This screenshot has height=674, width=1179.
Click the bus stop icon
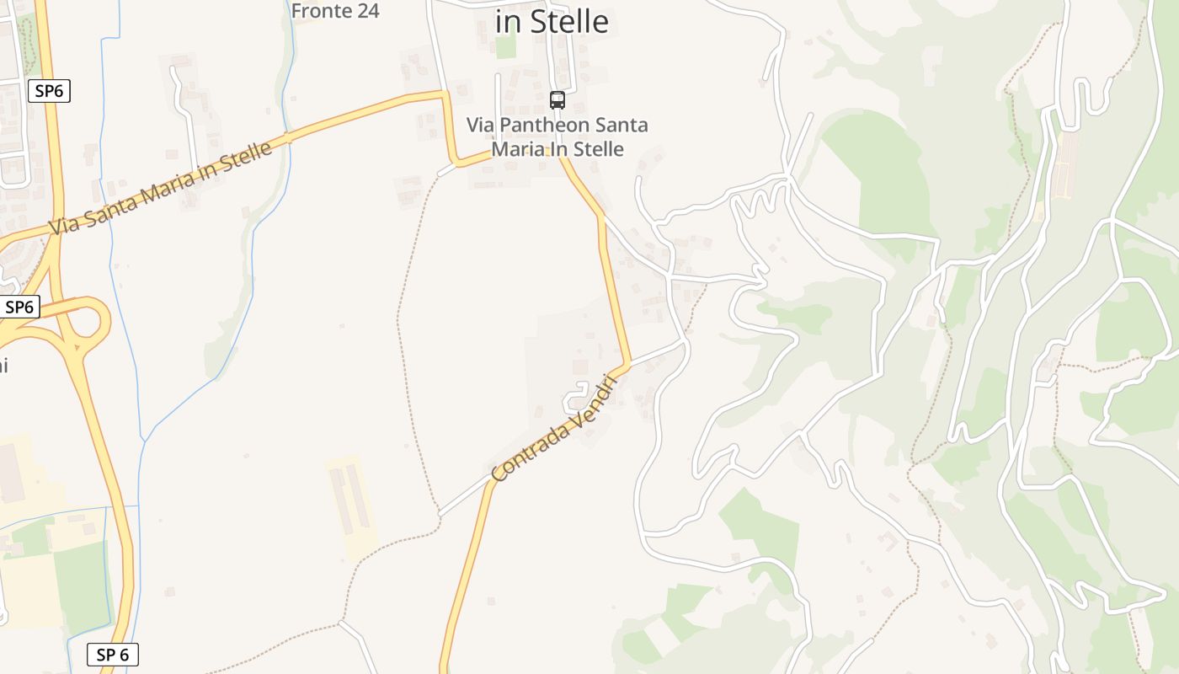tap(557, 100)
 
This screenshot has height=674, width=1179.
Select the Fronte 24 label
tap(335, 11)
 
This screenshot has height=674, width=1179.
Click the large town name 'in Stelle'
tap(552, 22)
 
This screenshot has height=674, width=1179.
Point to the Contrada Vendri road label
tap(554, 430)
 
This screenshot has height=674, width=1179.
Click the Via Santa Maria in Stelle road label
tap(161, 189)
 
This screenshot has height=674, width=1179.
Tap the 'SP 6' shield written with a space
tap(112, 655)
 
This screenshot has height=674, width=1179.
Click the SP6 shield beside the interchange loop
tap(19, 308)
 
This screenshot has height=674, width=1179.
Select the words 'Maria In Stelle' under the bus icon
tap(557, 149)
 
